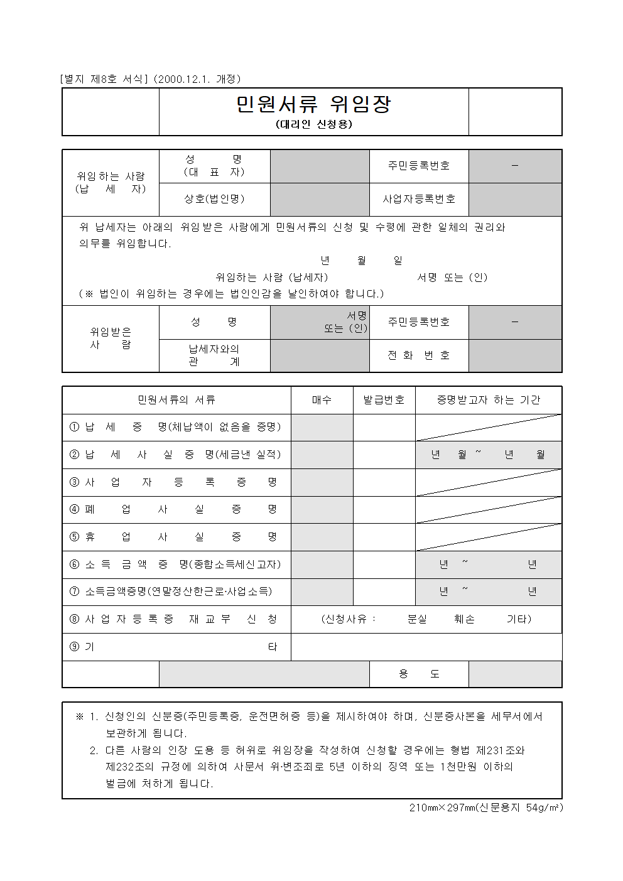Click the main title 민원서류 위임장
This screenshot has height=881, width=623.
coord(313,104)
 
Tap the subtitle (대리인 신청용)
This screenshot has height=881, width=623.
coord(313,124)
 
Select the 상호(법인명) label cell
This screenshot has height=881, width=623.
coord(214,199)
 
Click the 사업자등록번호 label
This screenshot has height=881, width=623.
coord(419,199)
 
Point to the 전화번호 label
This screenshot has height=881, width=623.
coord(419,355)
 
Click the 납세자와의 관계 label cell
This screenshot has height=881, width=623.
coord(214,355)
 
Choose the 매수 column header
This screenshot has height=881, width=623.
coord(322,400)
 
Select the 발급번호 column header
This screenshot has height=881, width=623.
coord(384,400)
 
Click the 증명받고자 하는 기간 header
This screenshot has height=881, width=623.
coord(488,400)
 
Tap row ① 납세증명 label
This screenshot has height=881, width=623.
coord(176,427)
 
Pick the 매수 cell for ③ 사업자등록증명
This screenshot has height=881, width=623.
coord(322,482)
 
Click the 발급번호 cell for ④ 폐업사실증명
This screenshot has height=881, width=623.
coord(384,509)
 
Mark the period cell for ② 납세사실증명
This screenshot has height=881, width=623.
coord(488,455)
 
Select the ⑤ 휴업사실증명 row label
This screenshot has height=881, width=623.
coord(176,537)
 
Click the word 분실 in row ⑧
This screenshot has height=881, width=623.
coord(417,619)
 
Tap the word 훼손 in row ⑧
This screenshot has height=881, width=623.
coord(465,619)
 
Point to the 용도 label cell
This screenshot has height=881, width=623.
coord(419,674)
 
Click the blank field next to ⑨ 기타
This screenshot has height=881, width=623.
coord(426,647)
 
